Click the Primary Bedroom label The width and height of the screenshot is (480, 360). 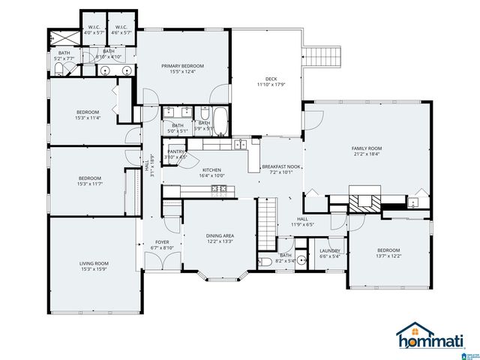click(x=182, y=66)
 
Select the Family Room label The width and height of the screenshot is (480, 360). click(x=367, y=148)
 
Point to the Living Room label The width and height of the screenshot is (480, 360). click(x=94, y=263)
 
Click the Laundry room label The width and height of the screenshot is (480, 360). click(x=330, y=251)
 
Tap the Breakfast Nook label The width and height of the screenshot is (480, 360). click(x=280, y=166)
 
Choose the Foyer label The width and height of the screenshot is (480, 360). click(x=162, y=241)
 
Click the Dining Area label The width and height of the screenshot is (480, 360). click(x=220, y=236)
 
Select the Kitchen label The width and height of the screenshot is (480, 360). click(x=211, y=170)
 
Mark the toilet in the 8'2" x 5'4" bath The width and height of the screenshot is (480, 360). click(x=265, y=262)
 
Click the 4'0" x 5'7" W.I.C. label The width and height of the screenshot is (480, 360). click(x=94, y=28)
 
